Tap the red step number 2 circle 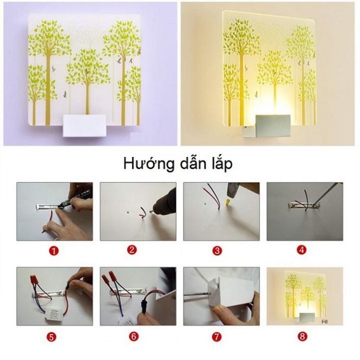[x=133, y=250]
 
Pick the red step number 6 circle [x=133, y=337]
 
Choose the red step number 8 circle [x=303, y=337]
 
